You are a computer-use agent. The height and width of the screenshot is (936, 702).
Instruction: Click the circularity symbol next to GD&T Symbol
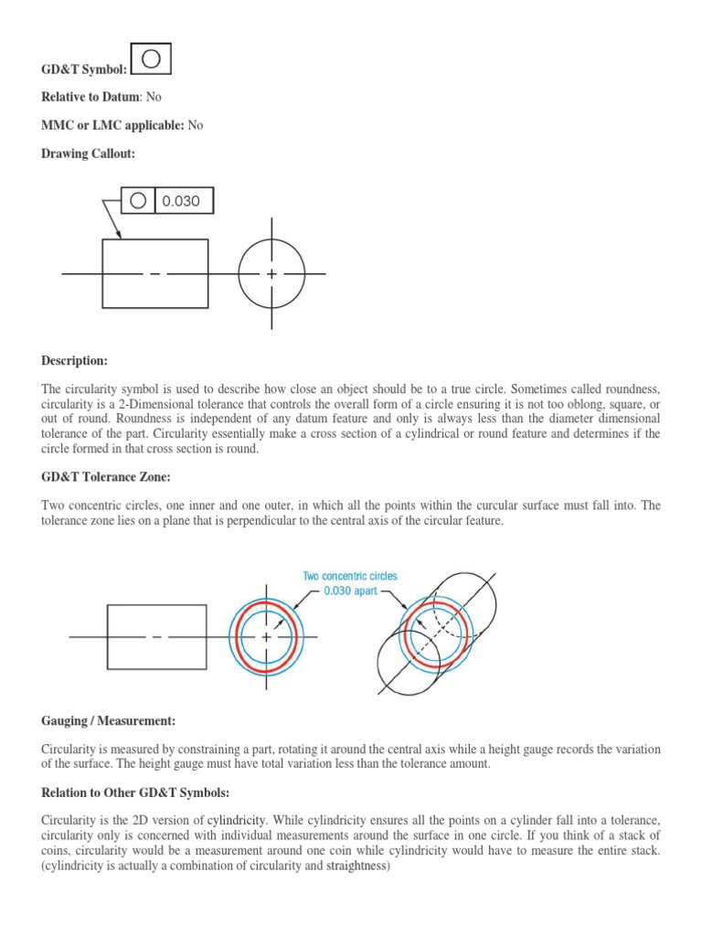[x=152, y=58]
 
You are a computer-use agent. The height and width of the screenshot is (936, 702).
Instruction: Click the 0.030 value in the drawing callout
[x=181, y=201]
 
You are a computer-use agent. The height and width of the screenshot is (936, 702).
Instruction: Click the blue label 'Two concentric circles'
[x=350, y=577]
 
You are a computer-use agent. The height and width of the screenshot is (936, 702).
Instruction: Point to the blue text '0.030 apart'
[x=351, y=591]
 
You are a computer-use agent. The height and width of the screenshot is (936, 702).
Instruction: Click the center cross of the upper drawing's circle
[x=271, y=274]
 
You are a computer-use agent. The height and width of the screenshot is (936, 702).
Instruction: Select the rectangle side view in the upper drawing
[x=155, y=273]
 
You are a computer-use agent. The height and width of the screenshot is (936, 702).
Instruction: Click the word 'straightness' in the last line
[x=356, y=866]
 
